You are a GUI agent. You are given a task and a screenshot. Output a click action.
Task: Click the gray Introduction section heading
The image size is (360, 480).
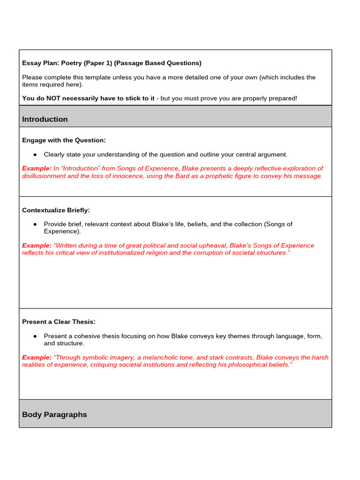(x=45, y=119)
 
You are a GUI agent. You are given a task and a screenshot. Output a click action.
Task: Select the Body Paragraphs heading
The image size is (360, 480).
(x=54, y=414)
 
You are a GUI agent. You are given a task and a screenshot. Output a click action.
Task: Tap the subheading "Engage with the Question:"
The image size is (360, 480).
(x=64, y=140)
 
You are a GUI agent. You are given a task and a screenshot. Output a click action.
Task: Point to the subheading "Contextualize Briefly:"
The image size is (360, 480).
(x=56, y=210)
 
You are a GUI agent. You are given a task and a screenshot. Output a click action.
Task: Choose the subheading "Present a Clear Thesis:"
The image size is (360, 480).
(x=59, y=322)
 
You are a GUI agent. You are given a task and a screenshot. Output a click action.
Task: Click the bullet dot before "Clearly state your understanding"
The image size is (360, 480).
(x=35, y=155)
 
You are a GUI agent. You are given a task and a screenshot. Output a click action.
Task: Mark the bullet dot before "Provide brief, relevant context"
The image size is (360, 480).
(x=35, y=225)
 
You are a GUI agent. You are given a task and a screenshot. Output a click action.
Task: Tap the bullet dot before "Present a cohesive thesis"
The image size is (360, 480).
(x=35, y=337)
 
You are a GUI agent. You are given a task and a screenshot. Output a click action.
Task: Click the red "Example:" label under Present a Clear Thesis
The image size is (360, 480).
(x=37, y=357)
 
